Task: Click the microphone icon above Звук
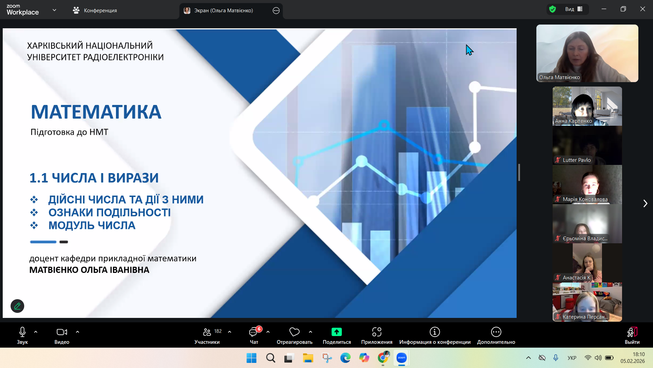pyautogui.click(x=22, y=332)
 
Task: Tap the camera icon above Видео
pyautogui.click(x=62, y=332)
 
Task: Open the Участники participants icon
pyautogui.click(x=207, y=332)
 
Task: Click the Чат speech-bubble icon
pyautogui.click(x=253, y=332)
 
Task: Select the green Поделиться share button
pyautogui.click(x=337, y=332)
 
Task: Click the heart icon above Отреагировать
pyautogui.click(x=295, y=332)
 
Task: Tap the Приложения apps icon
pyautogui.click(x=377, y=332)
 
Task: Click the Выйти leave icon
pyautogui.click(x=632, y=332)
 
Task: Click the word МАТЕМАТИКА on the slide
pyautogui.click(x=96, y=112)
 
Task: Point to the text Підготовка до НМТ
pyautogui.click(x=69, y=132)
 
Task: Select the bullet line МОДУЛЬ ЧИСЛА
pyautogui.click(x=92, y=226)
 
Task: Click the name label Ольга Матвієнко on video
pyautogui.click(x=559, y=77)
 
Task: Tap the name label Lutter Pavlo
pyautogui.click(x=577, y=160)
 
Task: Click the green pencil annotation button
pyautogui.click(x=17, y=306)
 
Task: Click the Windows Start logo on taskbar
pyautogui.click(x=252, y=358)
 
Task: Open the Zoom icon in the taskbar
pyautogui.click(x=402, y=358)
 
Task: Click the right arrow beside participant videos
pyautogui.click(x=645, y=203)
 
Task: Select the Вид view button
pyautogui.click(x=574, y=9)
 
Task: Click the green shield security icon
pyautogui.click(x=553, y=9)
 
